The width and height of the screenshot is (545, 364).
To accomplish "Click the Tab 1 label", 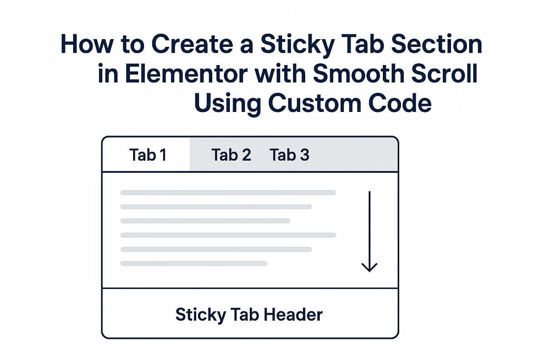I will (x=148, y=155).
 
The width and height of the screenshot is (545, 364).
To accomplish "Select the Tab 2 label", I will (x=231, y=155).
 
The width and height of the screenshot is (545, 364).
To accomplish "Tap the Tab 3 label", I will (x=290, y=155).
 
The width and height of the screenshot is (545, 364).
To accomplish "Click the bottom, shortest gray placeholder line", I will (x=193, y=263).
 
